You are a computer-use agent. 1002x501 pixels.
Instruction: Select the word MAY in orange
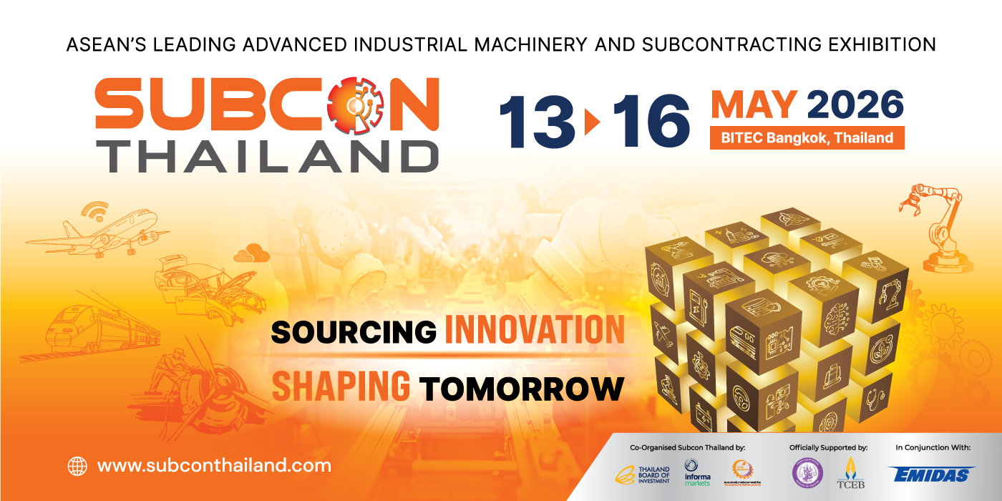point(754,104)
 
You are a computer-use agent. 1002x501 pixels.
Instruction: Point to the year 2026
point(855,104)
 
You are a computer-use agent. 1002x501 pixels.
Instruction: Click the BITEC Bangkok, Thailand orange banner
point(807,137)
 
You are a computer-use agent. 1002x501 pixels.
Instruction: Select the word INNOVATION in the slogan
point(535,331)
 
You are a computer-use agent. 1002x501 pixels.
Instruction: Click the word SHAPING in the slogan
point(341,386)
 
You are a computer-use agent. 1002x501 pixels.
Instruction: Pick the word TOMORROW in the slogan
point(521,388)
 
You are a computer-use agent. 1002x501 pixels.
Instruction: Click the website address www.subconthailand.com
point(214,466)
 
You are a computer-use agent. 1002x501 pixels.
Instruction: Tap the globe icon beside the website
point(77,467)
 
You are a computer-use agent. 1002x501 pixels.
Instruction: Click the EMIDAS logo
point(933,474)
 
